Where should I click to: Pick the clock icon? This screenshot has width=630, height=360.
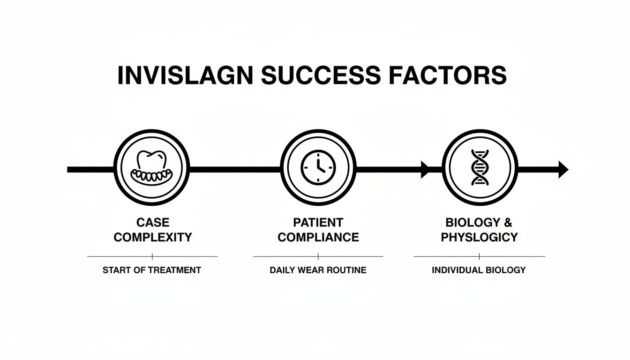coord(318,168)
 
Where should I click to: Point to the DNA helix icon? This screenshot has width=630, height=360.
coord(480,168)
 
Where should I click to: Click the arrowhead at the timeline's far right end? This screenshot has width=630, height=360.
coord(563,169)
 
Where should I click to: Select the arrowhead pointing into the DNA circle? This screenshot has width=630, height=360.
coord(426,169)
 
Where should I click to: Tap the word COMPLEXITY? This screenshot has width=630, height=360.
coord(153,237)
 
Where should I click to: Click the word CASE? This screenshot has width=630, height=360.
coord(152,222)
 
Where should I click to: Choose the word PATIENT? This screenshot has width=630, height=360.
coord(318,222)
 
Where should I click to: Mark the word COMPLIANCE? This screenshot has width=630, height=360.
coord(318,237)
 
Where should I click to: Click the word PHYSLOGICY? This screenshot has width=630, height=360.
coord(479,237)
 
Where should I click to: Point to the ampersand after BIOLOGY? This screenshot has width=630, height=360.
coord(508,222)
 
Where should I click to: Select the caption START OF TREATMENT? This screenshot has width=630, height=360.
coord(152,270)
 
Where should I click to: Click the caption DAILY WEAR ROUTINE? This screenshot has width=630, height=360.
coord(318,270)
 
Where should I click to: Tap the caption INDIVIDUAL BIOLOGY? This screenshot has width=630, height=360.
coord(479,270)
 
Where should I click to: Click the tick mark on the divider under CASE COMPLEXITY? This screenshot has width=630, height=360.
coord(152,256)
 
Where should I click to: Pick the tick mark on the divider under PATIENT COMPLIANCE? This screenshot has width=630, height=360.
coord(318,256)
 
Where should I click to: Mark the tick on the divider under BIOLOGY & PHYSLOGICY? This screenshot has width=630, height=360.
coord(480,256)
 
